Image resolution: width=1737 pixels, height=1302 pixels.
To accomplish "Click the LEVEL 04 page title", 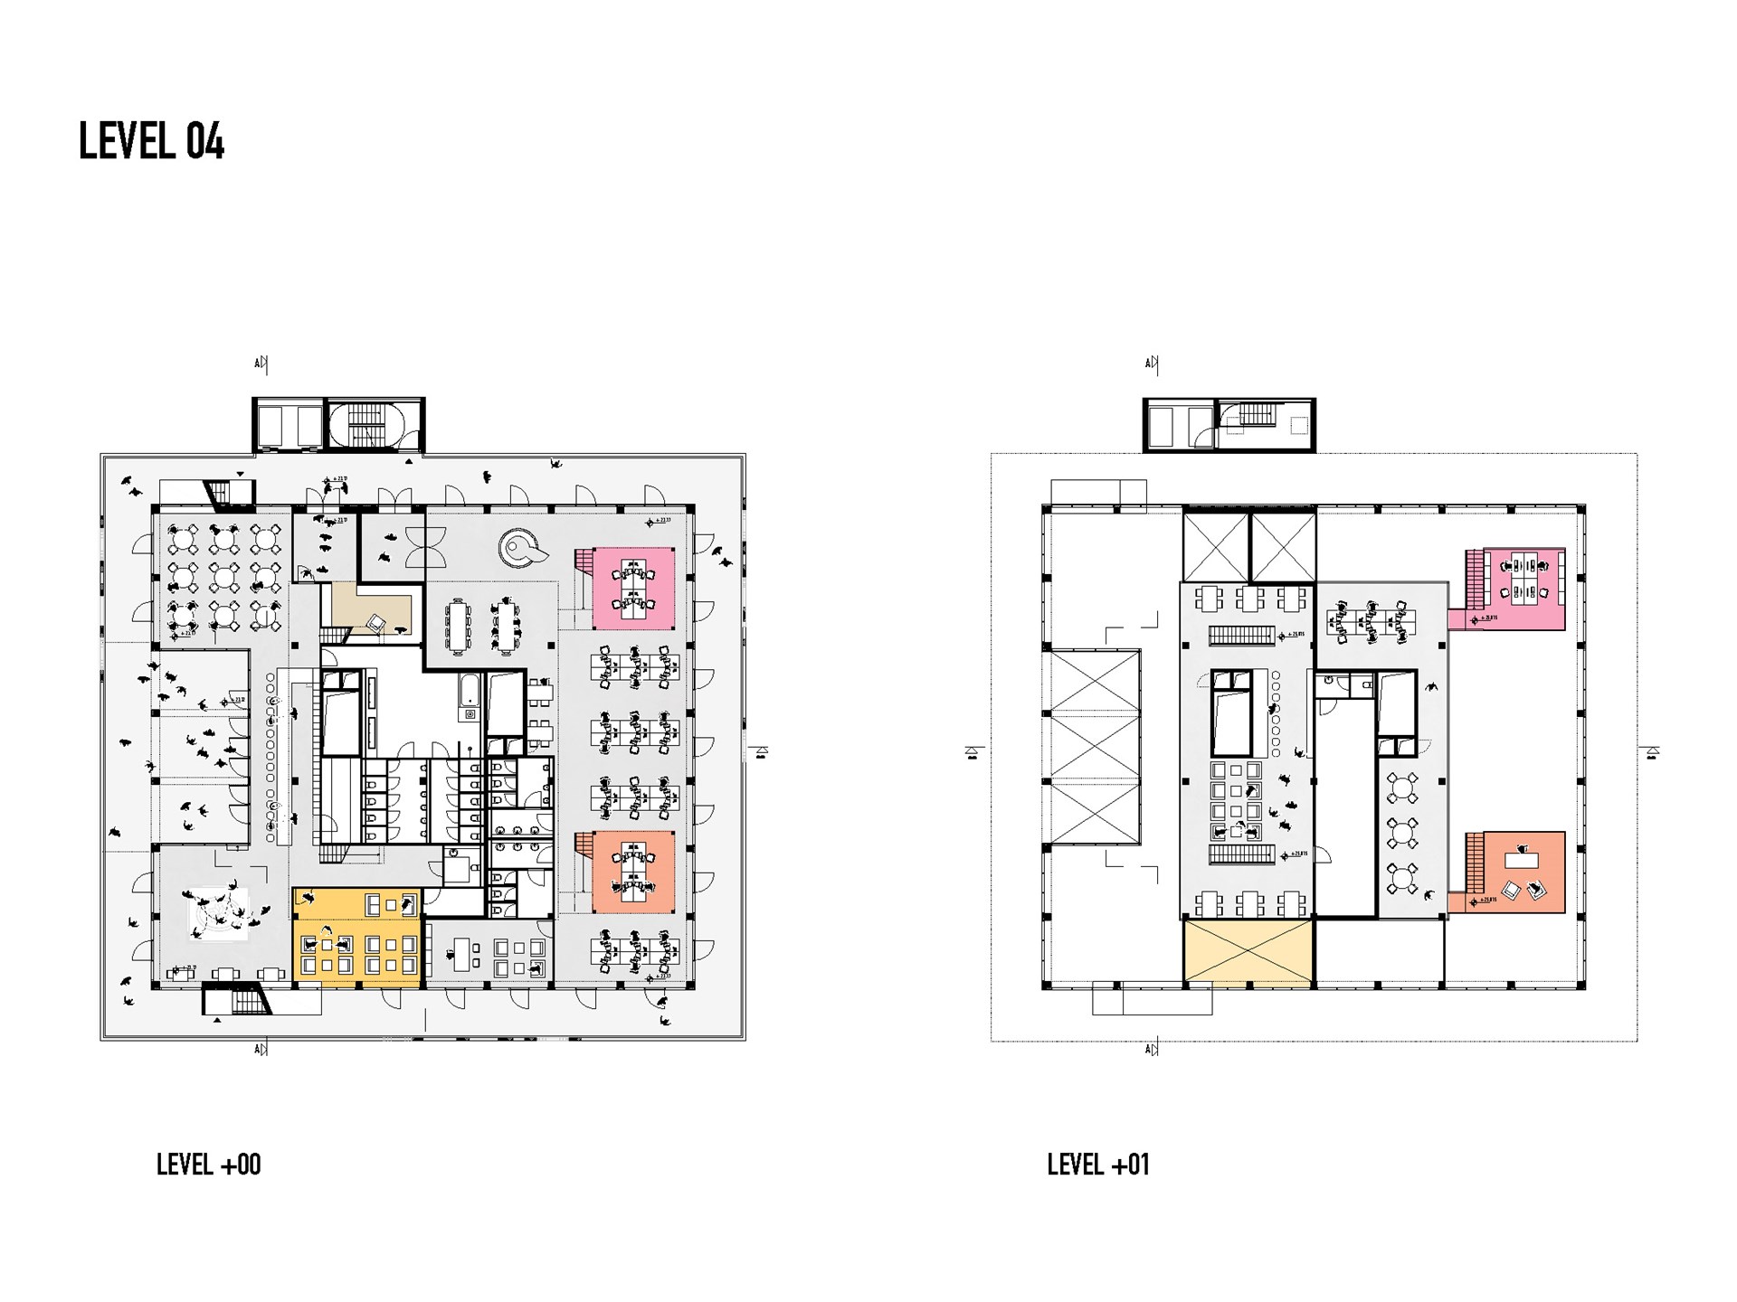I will (151, 141).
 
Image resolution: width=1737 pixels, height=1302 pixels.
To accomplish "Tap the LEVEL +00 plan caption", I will (208, 1165).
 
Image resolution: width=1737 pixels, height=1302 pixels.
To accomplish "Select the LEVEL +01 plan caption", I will (1098, 1165).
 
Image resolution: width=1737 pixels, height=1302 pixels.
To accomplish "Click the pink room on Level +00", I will (634, 589).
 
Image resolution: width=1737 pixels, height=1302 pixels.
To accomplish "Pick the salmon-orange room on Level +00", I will (634, 872).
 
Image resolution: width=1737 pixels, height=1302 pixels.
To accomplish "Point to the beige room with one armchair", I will (371, 610).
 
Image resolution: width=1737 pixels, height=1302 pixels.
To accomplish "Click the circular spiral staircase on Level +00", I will (522, 547).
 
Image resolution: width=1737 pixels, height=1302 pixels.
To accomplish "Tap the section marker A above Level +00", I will (260, 364).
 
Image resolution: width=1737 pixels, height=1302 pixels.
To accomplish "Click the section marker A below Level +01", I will (1151, 1049).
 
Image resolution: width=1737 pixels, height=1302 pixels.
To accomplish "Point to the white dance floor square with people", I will (218, 914).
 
